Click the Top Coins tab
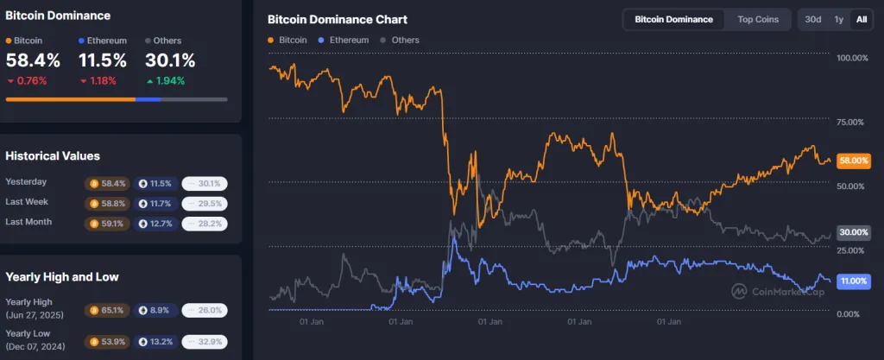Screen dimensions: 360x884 click(x=757, y=19)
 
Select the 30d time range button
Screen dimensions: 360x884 click(x=812, y=19)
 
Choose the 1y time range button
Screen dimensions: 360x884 click(x=838, y=19)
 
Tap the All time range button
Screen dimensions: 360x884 click(x=861, y=19)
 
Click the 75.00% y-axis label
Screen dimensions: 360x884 click(x=851, y=122)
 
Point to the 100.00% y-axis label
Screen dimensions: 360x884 click(x=853, y=58)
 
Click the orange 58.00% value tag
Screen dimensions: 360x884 click(x=853, y=161)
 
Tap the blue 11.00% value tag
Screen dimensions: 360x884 click(x=853, y=281)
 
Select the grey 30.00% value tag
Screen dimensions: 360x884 click(x=853, y=232)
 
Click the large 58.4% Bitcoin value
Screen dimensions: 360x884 click(x=33, y=60)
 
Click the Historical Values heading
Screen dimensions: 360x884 click(x=53, y=156)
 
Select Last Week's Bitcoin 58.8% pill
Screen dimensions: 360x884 click(x=108, y=204)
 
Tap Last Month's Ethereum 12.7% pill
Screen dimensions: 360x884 click(x=156, y=224)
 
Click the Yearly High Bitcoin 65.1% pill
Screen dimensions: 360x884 click(x=108, y=310)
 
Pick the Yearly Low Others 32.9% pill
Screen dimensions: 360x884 click(x=205, y=340)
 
